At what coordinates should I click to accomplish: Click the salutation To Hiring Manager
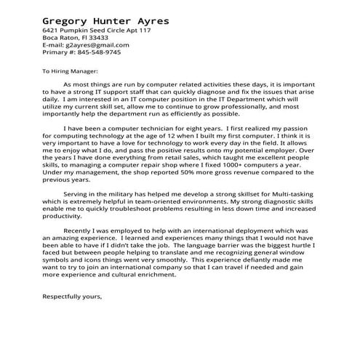pos(74,73)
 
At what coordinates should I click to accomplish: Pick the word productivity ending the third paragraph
pos(65,216)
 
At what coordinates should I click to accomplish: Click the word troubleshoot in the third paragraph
pos(140,209)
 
